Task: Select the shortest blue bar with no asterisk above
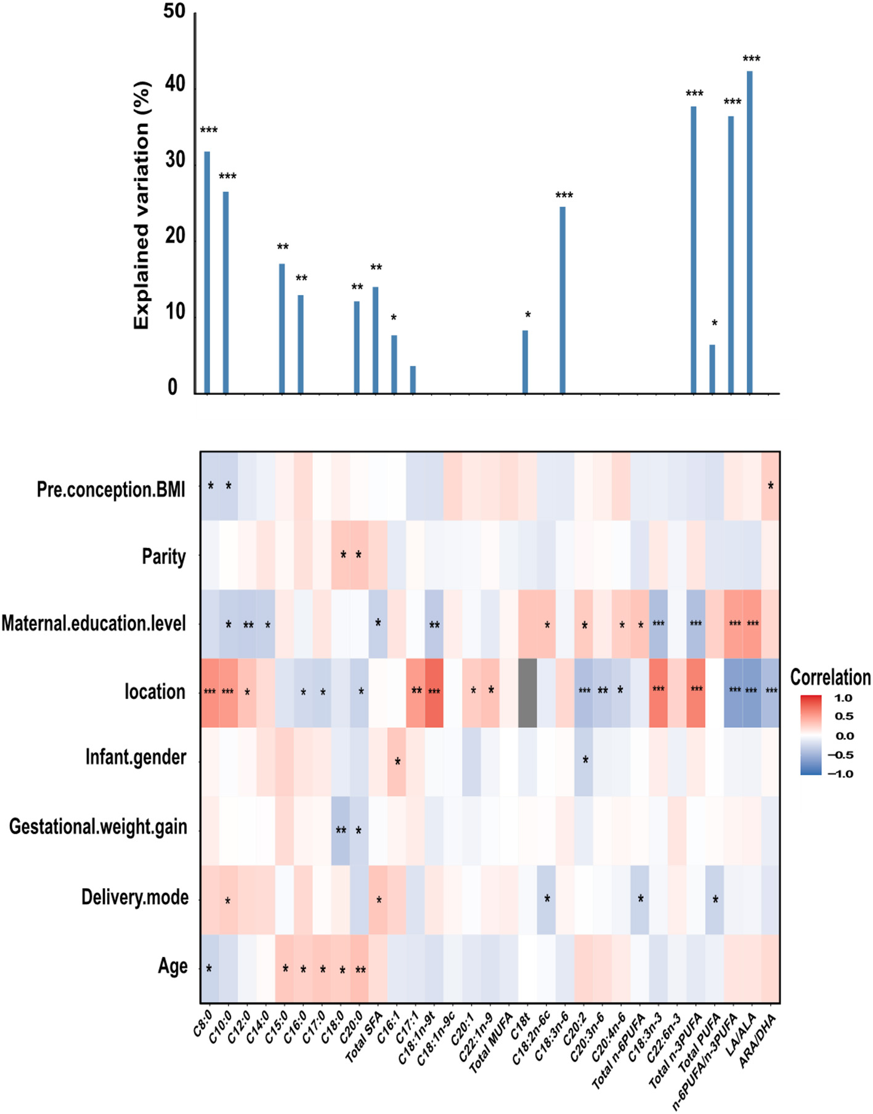click(x=413, y=380)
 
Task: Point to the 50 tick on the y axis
click(x=174, y=11)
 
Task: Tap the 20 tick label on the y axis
click(x=174, y=235)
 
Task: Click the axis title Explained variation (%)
click(x=142, y=205)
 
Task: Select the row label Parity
click(x=164, y=556)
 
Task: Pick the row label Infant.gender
click(x=136, y=757)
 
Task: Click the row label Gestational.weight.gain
click(x=98, y=826)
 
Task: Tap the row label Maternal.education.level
click(x=94, y=623)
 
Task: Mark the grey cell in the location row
click(x=527, y=692)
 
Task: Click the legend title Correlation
click(x=830, y=677)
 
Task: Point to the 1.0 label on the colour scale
click(x=843, y=698)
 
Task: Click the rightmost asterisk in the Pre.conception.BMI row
click(x=771, y=486)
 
